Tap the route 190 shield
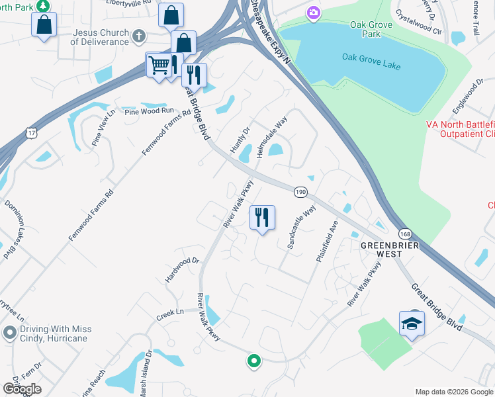click(x=300, y=191)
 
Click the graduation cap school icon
click(x=412, y=323)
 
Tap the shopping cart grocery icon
click(x=158, y=65)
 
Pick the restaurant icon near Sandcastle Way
click(x=262, y=216)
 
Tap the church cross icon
click(x=139, y=34)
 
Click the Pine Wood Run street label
click(x=149, y=110)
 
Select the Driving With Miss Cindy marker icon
click(x=10, y=331)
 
